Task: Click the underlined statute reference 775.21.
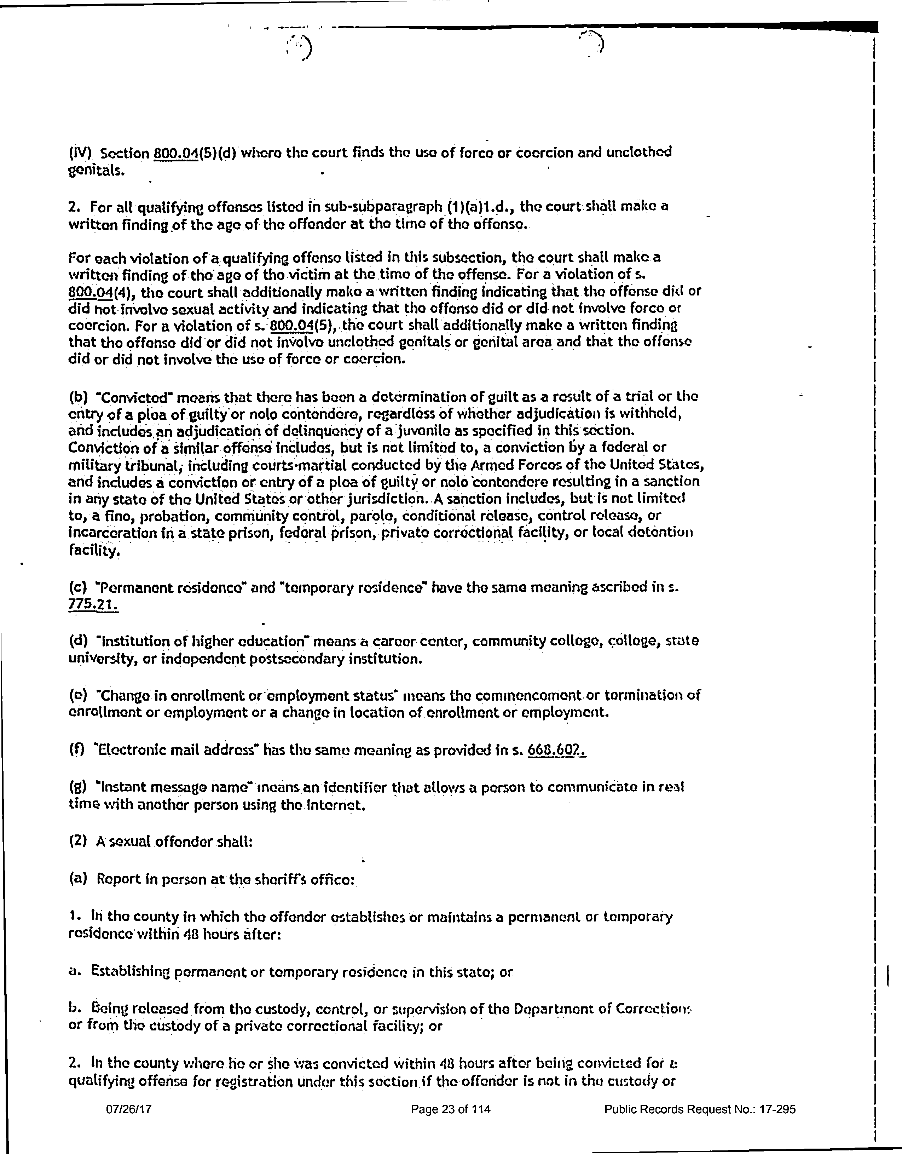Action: (93, 604)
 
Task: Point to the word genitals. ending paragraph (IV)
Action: (97, 171)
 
